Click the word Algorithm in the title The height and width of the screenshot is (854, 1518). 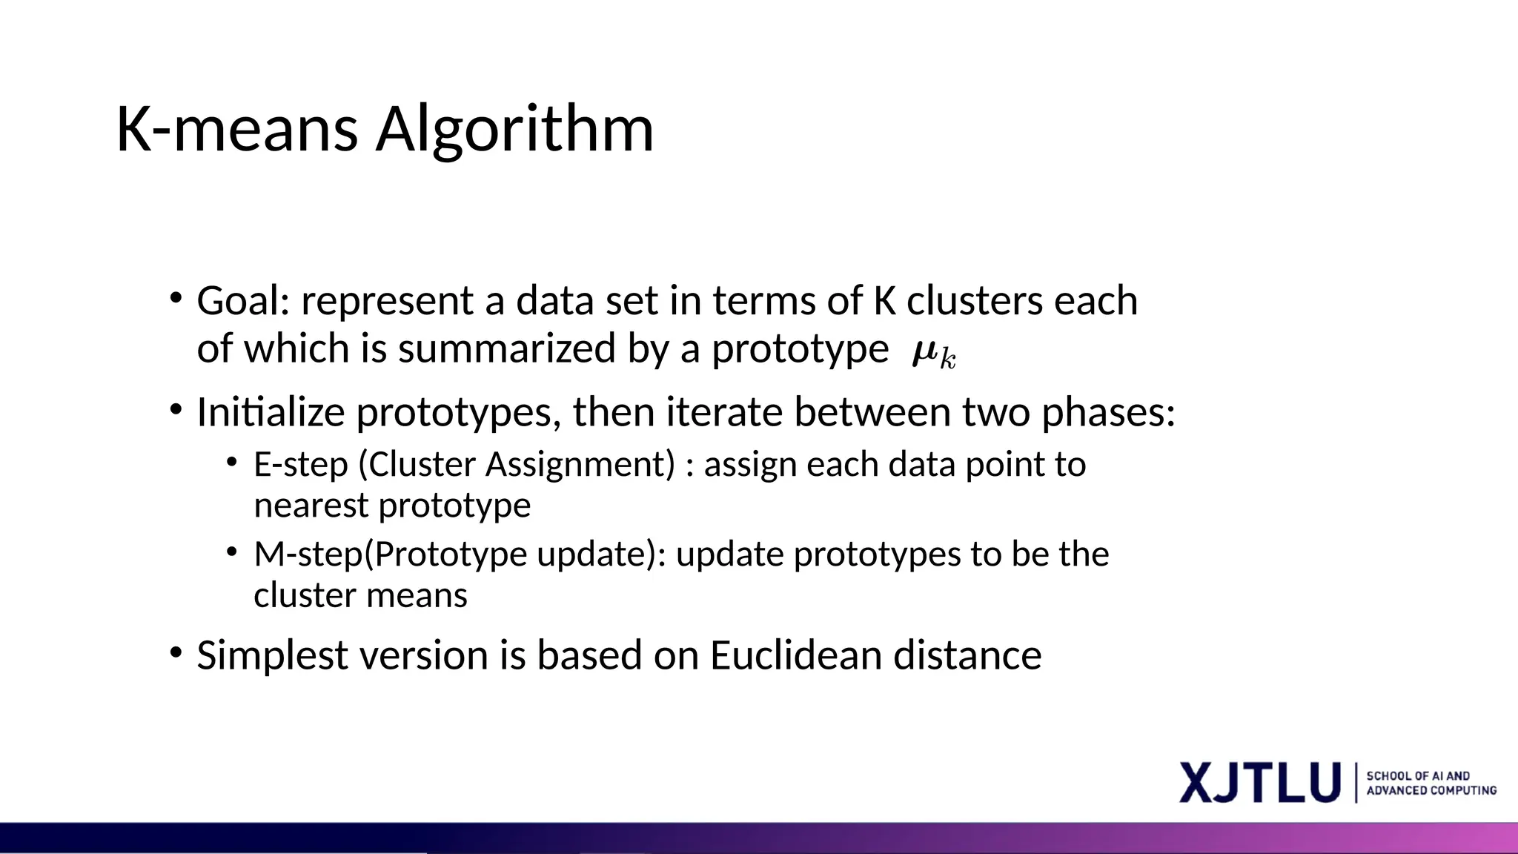point(514,130)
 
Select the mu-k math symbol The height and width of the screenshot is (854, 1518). point(934,353)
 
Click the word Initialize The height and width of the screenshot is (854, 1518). point(271,412)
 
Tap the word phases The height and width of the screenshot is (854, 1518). point(1108,414)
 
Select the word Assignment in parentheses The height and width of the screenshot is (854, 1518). point(579,465)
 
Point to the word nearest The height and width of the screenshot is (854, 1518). point(311,506)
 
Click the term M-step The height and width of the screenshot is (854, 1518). point(309,555)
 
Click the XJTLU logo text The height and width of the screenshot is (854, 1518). point(1260,782)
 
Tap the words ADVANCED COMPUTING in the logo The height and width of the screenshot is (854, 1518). point(1431,791)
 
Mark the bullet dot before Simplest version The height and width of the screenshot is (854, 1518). point(176,653)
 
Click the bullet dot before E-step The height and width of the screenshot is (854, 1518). point(232,463)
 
